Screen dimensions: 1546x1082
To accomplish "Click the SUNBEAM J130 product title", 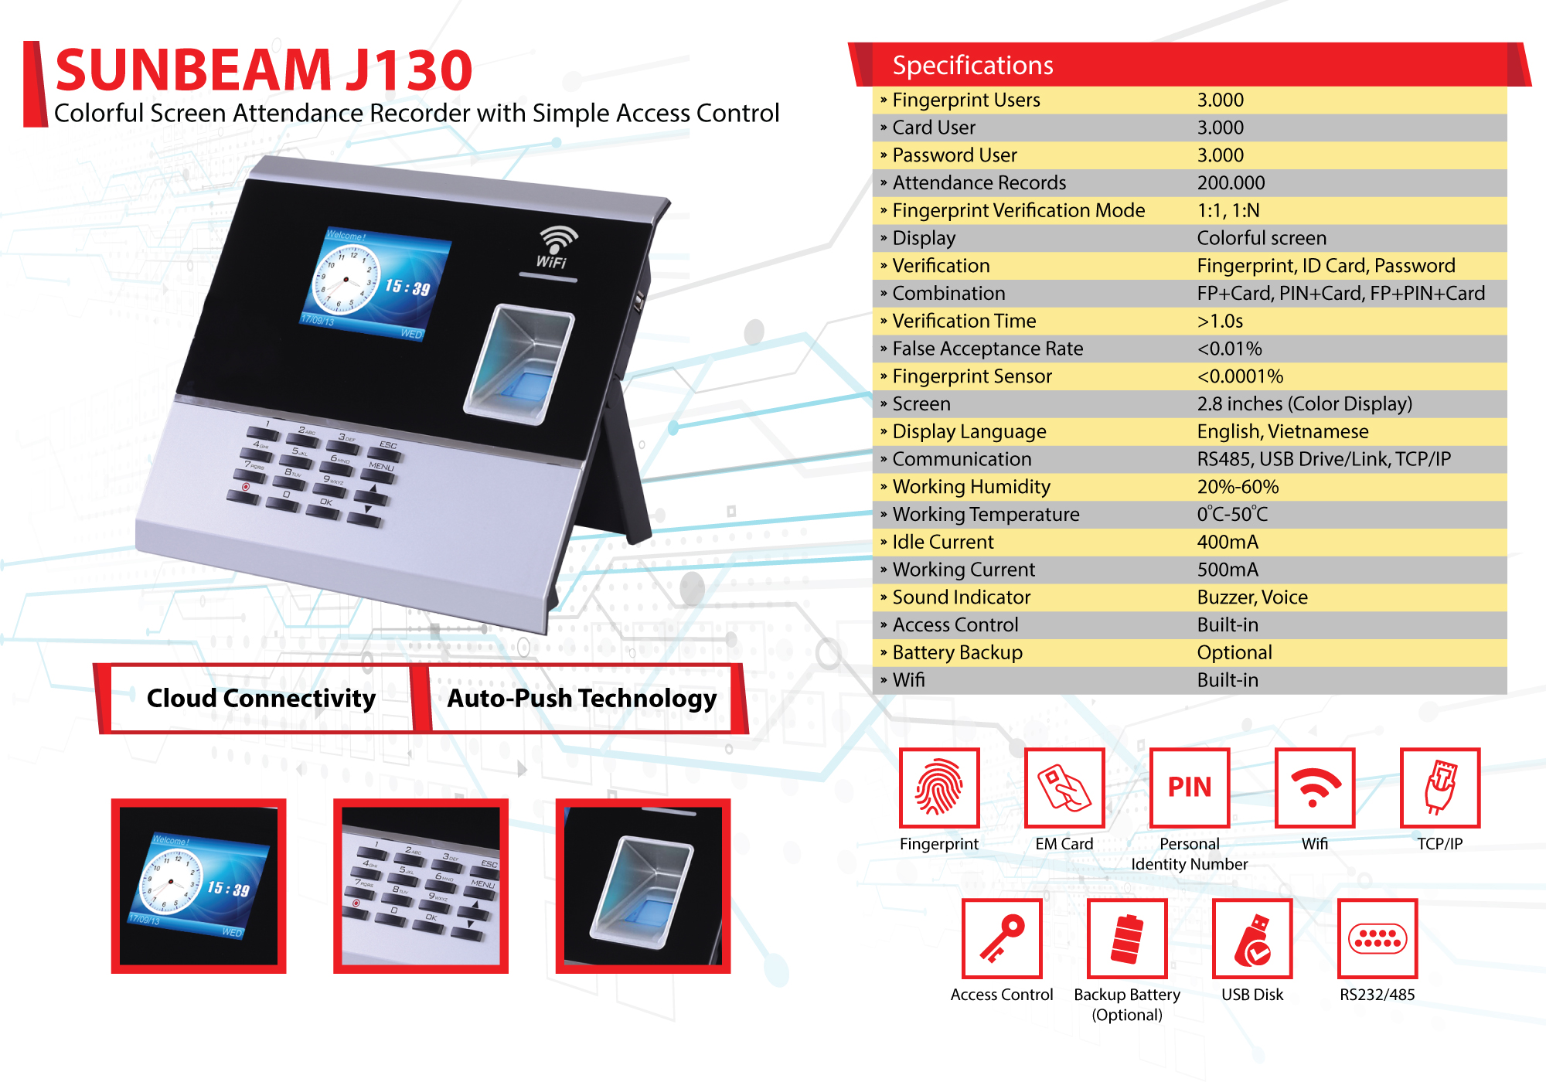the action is tap(264, 70).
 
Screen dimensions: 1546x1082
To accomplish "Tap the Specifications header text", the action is tap(972, 66).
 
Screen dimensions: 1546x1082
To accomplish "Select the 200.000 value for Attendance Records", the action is tap(1231, 183).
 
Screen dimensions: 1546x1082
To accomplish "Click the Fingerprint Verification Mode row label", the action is tap(1018, 210).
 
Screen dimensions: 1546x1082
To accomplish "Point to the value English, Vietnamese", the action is tap(1282, 431).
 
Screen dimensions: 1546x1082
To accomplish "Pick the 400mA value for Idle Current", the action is tap(1228, 542).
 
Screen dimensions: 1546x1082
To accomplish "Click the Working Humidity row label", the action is tap(971, 487).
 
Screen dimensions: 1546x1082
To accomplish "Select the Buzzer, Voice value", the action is tap(1252, 597).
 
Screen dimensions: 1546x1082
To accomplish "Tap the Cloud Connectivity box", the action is tap(261, 698).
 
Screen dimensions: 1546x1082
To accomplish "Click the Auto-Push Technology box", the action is tap(581, 698).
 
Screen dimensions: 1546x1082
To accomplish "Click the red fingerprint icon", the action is tap(939, 788).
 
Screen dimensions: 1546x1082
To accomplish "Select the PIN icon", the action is tap(1190, 788).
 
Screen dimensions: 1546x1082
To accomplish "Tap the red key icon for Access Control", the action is tap(1002, 938).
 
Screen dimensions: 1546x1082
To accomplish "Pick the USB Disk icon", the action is tap(1252, 938).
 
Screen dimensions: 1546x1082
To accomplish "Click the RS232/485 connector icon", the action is tap(1377, 938).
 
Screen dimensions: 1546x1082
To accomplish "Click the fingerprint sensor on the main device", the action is tap(520, 364).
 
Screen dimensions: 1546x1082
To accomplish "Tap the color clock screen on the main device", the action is tap(375, 283).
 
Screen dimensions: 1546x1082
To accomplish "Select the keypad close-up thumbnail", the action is tap(421, 886).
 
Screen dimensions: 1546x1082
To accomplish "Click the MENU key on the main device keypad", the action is tap(381, 467).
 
